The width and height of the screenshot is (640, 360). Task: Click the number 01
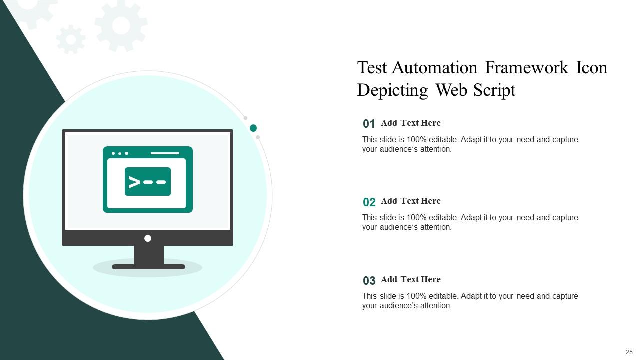click(x=369, y=124)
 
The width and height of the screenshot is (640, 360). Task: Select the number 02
click(x=369, y=202)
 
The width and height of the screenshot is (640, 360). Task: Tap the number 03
click(x=369, y=280)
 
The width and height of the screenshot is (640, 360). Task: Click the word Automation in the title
click(x=435, y=67)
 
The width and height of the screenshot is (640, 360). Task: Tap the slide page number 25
click(x=629, y=352)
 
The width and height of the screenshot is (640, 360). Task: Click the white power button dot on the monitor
click(x=148, y=238)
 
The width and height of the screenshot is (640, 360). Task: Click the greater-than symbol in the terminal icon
click(x=134, y=182)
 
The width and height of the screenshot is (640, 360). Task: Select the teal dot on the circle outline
click(x=253, y=128)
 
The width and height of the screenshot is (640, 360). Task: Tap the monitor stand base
click(x=148, y=267)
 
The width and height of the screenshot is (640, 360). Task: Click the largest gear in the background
click(x=121, y=25)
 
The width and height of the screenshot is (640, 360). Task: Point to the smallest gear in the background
click(x=70, y=39)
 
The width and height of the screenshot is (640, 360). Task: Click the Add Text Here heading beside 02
click(x=410, y=201)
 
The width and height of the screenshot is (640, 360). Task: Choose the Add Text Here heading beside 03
click(x=410, y=279)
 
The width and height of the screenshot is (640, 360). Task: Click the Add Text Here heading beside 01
click(x=410, y=123)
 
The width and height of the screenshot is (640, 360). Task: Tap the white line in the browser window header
click(x=165, y=153)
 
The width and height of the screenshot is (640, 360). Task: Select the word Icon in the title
click(x=592, y=67)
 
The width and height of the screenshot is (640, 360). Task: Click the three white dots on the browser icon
click(x=120, y=153)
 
